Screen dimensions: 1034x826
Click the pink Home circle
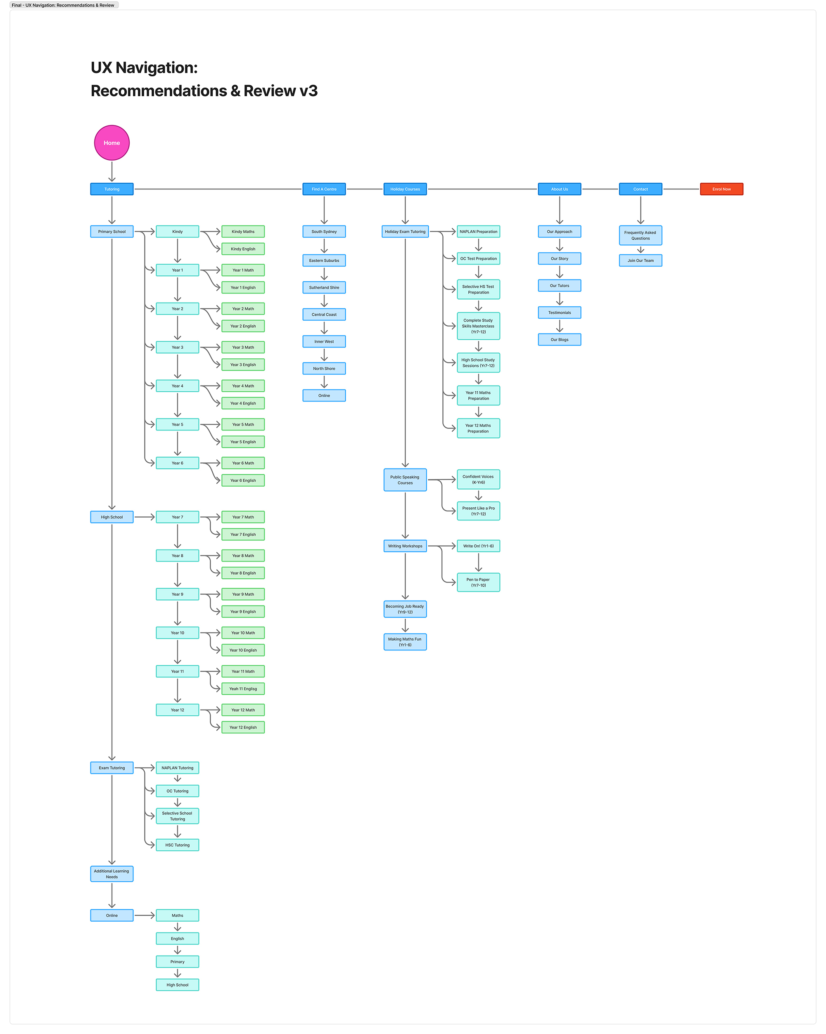click(112, 143)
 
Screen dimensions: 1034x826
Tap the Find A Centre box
click(324, 189)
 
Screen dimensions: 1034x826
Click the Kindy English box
click(243, 249)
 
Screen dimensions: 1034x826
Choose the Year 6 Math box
click(243, 463)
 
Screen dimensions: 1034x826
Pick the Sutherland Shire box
click(324, 287)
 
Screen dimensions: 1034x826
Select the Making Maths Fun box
click(405, 642)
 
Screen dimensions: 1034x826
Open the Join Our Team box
click(640, 260)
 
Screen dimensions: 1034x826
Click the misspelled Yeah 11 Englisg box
click(243, 689)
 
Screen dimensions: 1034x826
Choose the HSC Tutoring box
click(177, 845)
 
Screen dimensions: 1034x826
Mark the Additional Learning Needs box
click(112, 873)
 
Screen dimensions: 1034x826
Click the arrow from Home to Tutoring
click(112, 171)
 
